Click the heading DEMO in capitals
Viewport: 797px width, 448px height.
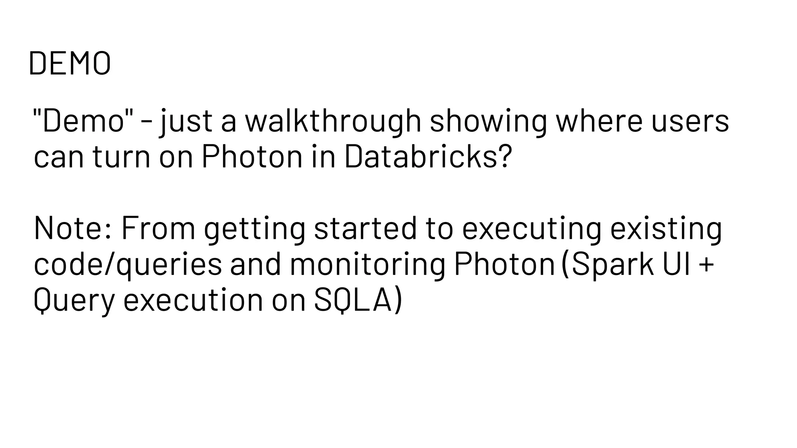click(70, 63)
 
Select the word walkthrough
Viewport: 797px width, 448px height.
click(333, 121)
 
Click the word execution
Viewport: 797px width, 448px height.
click(193, 300)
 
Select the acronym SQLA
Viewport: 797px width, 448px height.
click(353, 300)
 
